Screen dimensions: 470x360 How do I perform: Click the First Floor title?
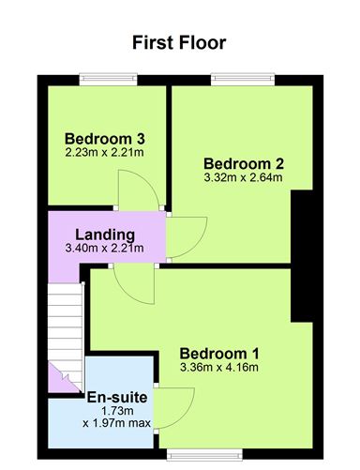point(179,42)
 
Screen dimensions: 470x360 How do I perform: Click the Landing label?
point(105,235)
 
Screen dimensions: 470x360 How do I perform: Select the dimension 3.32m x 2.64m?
point(243,177)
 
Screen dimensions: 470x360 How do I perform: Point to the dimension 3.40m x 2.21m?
point(105,249)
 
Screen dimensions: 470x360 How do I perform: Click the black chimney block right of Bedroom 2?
point(303,254)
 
